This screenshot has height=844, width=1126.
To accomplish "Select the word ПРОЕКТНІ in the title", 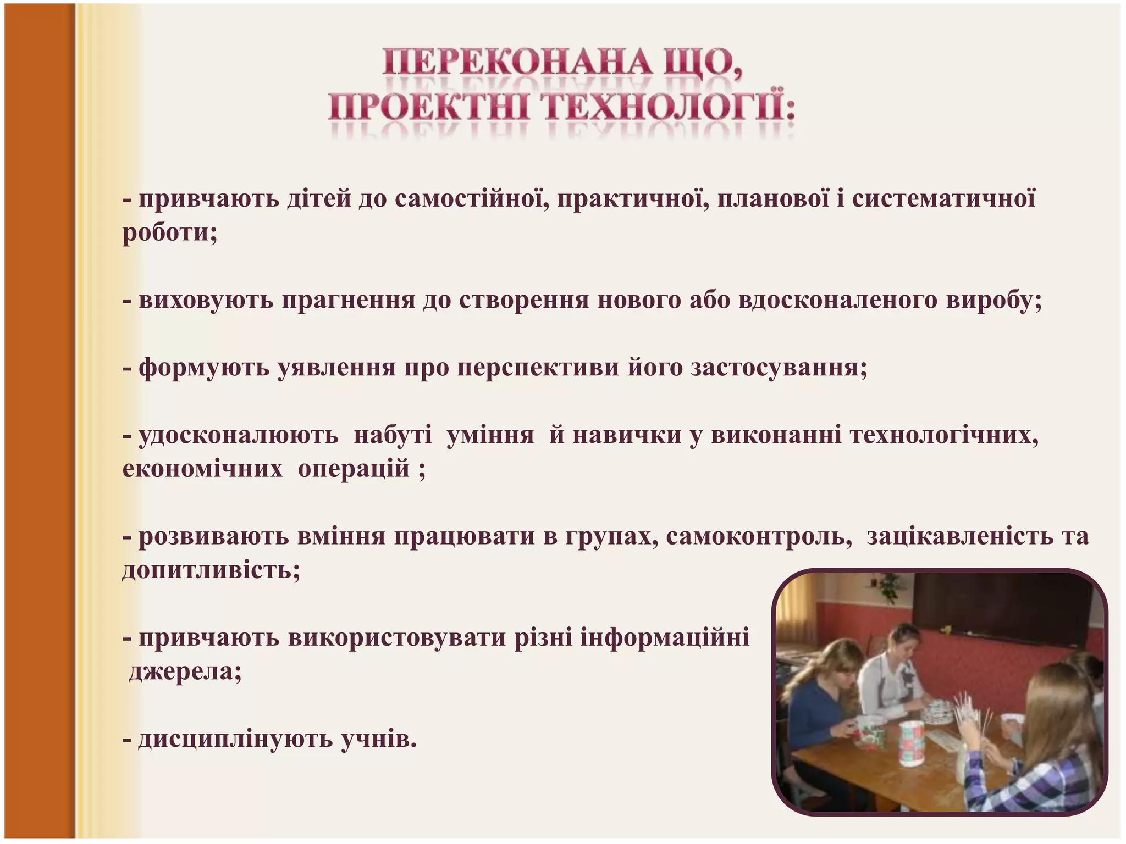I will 429,108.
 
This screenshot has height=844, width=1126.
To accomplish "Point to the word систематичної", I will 943,198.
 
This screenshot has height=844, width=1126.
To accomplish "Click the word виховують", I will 206,300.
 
